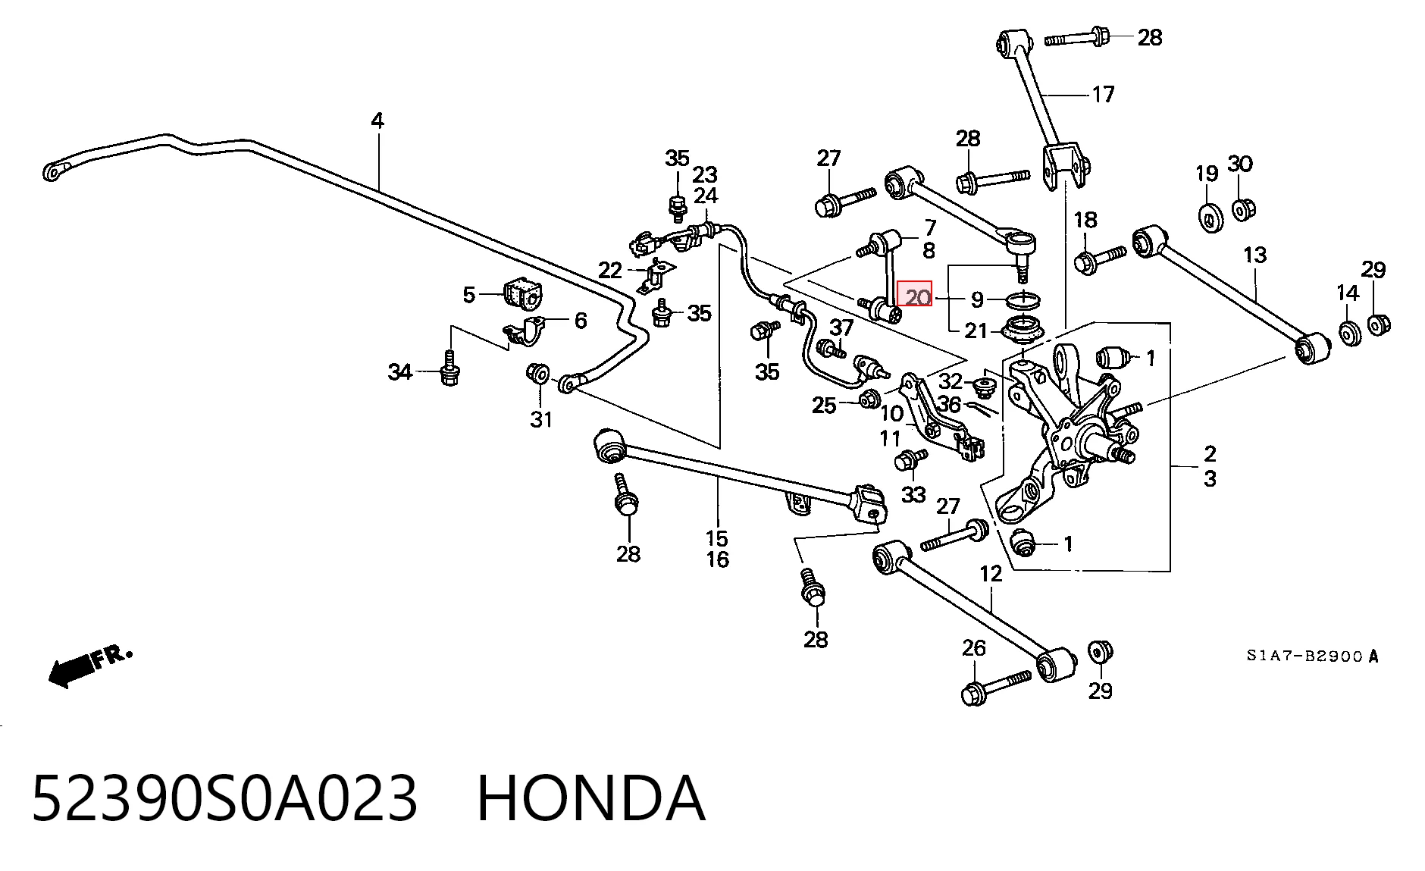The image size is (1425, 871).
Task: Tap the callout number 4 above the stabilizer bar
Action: [x=377, y=120]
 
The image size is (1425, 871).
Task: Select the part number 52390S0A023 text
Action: [x=224, y=798]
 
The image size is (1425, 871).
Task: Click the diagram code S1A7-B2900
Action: [x=1304, y=656]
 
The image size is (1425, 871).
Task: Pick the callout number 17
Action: [x=1103, y=94]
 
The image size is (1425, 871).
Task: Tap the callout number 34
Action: [x=399, y=372]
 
